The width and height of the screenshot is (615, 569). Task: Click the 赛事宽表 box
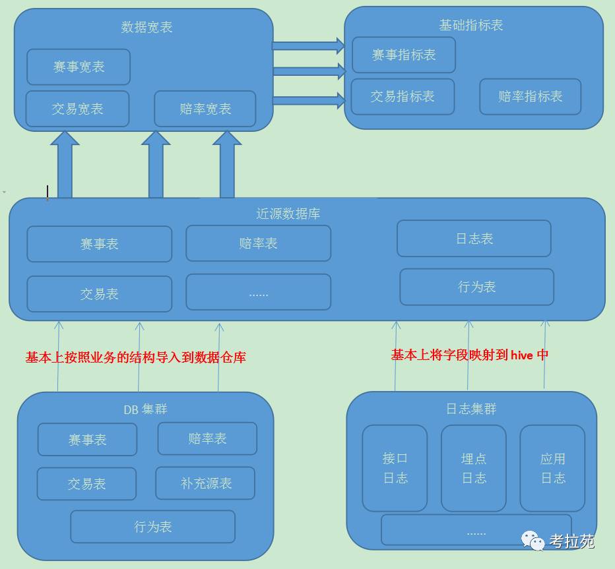click(79, 67)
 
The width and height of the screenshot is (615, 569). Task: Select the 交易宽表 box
click(77, 109)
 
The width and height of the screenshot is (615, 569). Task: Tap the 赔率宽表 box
click(205, 109)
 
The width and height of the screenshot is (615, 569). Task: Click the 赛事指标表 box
click(404, 55)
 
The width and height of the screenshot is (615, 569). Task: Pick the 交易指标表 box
click(403, 96)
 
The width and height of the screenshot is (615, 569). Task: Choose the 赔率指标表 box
click(530, 96)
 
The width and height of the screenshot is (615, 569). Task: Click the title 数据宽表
click(146, 27)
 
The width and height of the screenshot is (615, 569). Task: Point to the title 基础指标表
click(471, 25)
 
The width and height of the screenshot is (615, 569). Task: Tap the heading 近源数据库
click(288, 214)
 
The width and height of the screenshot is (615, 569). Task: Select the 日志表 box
click(474, 239)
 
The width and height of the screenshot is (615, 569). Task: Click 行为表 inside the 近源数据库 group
click(476, 287)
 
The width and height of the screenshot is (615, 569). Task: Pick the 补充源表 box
click(206, 483)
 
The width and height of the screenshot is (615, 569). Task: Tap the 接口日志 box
click(395, 468)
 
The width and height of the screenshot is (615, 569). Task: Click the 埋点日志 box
click(474, 468)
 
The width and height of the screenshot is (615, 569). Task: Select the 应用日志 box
click(552, 468)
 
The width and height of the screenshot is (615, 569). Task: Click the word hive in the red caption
click(521, 355)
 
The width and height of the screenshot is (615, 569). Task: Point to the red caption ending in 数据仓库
click(135, 357)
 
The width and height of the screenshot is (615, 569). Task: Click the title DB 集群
click(145, 409)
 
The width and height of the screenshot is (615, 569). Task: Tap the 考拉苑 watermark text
click(571, 541)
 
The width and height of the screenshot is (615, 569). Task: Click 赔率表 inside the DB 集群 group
click(207, 438)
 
